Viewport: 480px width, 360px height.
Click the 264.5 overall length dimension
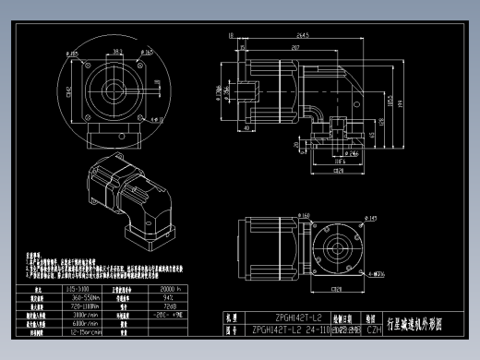[x=302, y=36]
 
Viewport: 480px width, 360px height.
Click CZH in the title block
[x=374, y=329]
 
